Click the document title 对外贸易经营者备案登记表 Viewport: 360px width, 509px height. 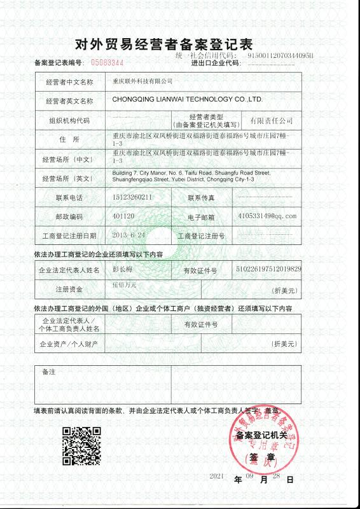coord(164,45)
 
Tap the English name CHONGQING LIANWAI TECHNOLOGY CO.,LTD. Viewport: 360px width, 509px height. coord(187,100)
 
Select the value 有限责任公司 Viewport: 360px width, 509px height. coord(271,120)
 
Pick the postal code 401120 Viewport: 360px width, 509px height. coord(123,216)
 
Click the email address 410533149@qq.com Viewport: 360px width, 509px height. coord(267,216)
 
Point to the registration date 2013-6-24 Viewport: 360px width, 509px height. coord(129,235)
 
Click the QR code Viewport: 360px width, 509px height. coord(81,446)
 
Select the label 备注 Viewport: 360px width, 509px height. coord(48,371)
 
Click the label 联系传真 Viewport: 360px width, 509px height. coord(203,197)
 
